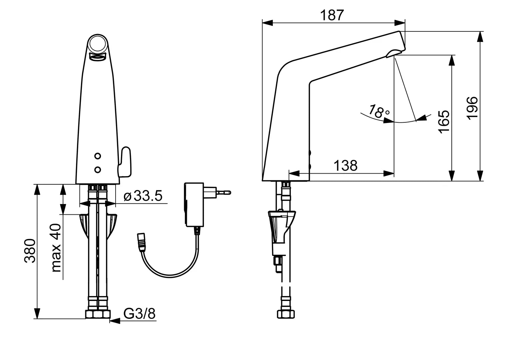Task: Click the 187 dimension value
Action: pos(331,15)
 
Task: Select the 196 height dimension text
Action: pos(472,107)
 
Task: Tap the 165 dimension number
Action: pos(443,122)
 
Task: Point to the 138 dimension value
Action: pos(345,165)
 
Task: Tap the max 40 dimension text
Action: pos(56,248)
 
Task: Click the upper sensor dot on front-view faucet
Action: pos(98,156)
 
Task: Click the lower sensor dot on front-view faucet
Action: pos(98,170)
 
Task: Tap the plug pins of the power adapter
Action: pos(222,192)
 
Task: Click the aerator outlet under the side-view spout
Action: pos(394,53)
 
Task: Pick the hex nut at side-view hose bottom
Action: pos(285,314)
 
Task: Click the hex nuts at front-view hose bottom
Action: pos(98,314)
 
